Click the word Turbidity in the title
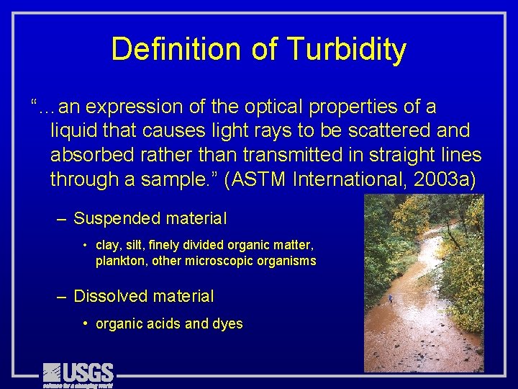click(346, 50)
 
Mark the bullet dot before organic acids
click(86, 324)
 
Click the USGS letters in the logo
click(88, 372)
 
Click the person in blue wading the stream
click(391, 298)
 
